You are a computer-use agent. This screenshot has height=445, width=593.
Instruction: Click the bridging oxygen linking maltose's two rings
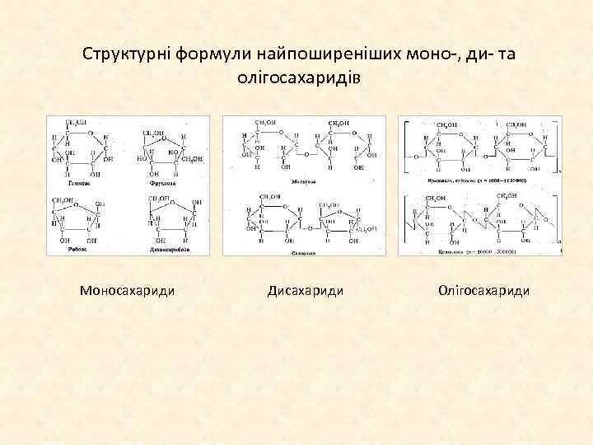click(x=306, y=154)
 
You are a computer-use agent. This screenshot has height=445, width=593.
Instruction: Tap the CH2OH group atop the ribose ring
click(x=63, y=200)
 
